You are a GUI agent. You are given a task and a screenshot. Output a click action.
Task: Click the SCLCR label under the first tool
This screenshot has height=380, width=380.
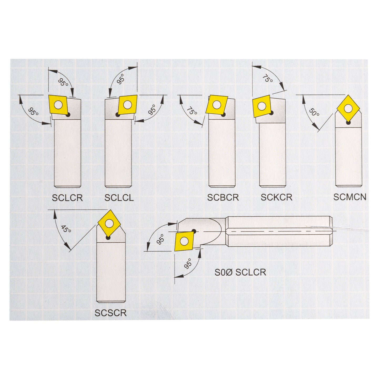pos(67,197)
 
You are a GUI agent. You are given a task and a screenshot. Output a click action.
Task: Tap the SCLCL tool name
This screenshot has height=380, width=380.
pos(119,197)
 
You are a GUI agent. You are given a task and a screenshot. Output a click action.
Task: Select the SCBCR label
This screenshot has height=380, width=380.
pos(223,197)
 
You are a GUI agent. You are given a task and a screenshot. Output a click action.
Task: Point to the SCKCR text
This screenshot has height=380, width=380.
pos(276,197)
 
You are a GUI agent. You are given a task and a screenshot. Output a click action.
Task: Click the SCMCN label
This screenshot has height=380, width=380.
pos(349,197)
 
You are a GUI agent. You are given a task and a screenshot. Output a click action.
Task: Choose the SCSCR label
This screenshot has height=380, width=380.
pos(110,313)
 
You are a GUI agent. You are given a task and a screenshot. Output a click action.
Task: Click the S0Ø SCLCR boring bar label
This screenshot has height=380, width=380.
pos(240,272)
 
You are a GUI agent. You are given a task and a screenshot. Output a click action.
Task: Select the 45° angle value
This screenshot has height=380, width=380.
pos(66,229)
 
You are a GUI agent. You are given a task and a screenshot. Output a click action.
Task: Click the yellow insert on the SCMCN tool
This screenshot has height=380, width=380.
pos(348,108)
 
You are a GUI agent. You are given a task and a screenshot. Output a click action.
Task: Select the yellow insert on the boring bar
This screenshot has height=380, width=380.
pos(184,241)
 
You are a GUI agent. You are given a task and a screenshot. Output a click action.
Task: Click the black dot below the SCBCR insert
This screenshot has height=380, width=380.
pos(223,115)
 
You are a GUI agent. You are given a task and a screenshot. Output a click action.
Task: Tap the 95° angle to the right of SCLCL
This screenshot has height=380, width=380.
pos(153,110)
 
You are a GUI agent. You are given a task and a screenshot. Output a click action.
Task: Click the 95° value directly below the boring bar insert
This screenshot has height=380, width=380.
pos(188,264)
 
